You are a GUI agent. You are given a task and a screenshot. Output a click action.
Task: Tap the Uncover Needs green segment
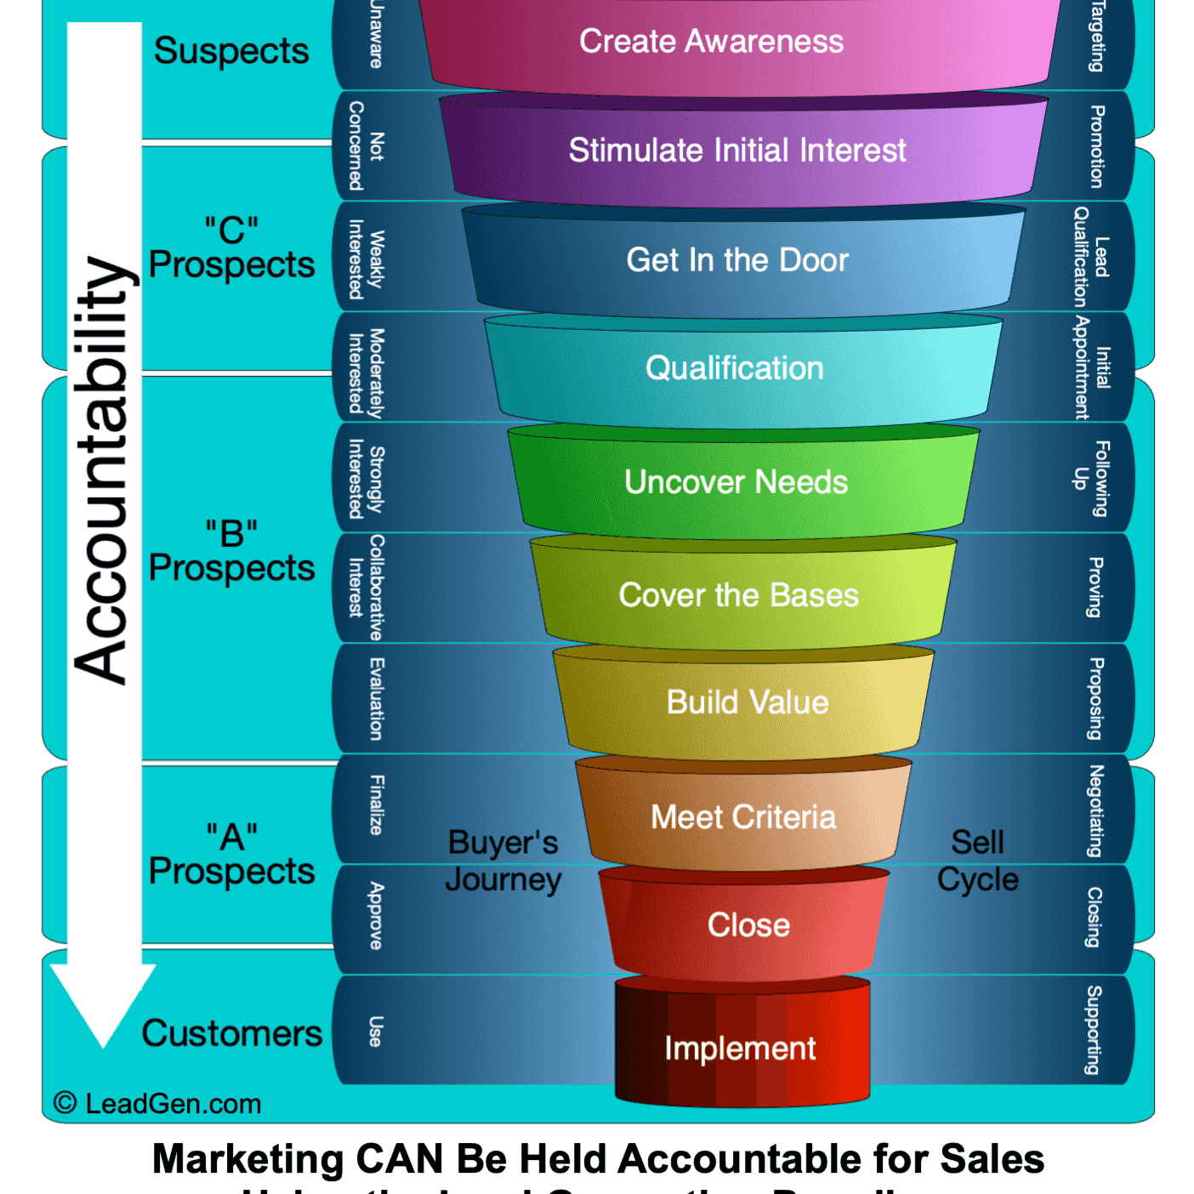736,482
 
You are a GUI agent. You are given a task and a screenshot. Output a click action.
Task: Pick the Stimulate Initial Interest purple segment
737,151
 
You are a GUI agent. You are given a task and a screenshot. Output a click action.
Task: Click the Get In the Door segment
737,260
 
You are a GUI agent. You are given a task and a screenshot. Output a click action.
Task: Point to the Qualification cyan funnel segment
735,369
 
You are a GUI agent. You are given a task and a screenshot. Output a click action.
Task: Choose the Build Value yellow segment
747,702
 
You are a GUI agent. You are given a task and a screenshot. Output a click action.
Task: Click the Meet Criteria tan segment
743,816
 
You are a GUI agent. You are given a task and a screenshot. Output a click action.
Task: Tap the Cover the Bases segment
738,595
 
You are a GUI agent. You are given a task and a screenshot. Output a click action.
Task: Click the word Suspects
231,51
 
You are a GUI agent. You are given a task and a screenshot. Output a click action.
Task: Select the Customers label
232,1033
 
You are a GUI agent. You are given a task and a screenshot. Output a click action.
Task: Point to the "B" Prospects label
231,552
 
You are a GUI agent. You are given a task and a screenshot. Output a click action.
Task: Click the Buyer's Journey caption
503,861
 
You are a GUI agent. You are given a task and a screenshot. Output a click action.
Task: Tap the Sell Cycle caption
978,861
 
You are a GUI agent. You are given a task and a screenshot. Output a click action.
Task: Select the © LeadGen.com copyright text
157,1104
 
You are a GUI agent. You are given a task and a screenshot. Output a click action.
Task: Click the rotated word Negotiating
1096,810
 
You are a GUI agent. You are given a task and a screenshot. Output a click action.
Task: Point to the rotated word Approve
376,916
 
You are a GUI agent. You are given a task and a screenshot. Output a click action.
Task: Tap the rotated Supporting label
1094,1029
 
